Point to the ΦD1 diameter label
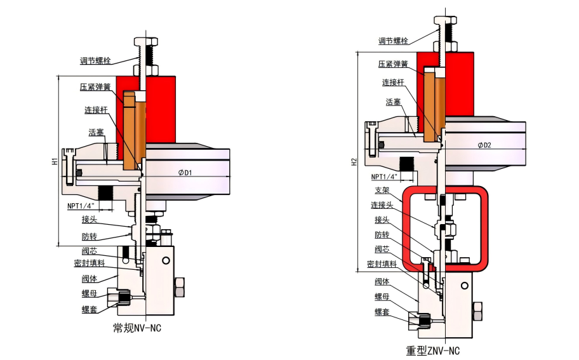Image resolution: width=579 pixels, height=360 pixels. pos(185,172)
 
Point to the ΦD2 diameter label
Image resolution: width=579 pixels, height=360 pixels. pos(484,145)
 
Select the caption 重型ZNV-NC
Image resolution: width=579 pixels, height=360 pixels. pos(433,350)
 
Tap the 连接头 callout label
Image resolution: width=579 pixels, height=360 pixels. pos(382,205)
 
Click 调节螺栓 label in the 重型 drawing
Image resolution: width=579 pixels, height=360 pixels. pos(393,41)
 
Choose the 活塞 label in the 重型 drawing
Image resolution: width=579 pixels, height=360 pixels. pos(393,102)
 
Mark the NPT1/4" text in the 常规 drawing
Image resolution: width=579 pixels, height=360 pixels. pos(81,206)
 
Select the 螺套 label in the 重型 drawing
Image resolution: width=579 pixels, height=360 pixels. pos(382,312)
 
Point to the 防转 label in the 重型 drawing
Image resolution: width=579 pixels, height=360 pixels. pos(382,234)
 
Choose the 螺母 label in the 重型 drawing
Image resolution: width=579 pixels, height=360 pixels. pos(382,297)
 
